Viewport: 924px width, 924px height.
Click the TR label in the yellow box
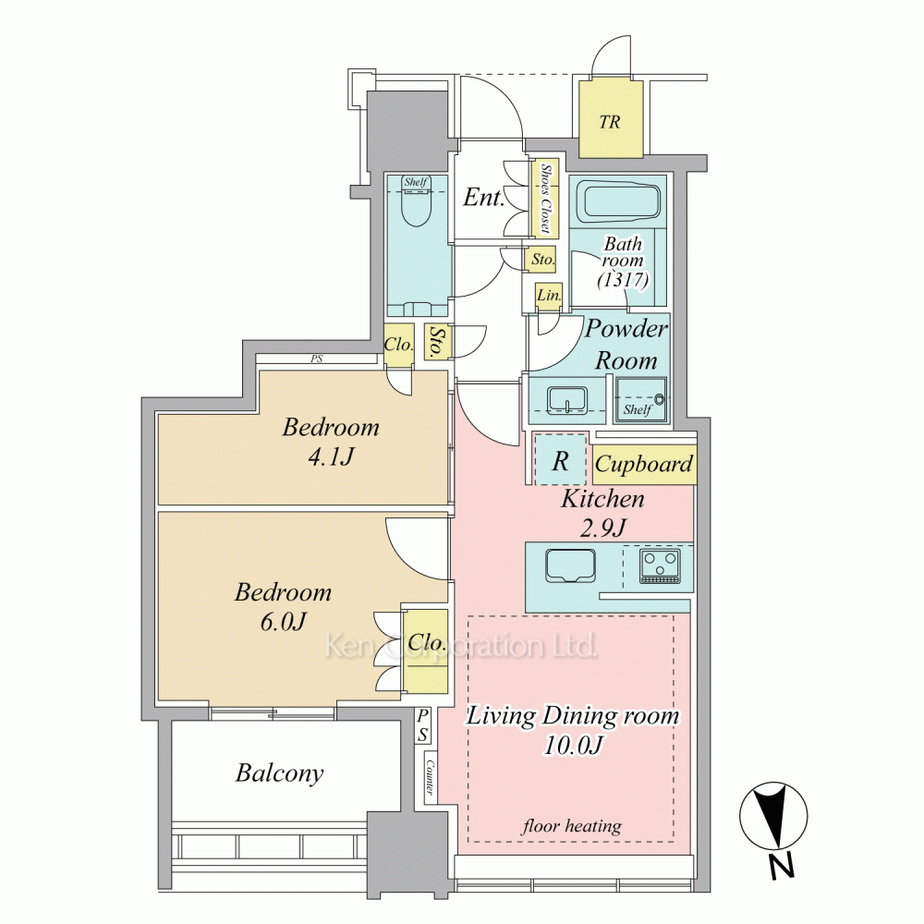click(610, 122)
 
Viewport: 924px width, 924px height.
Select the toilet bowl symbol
click(416, 207)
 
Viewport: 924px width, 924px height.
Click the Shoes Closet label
click(546, 198)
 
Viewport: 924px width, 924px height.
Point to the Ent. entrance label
click(484, 198)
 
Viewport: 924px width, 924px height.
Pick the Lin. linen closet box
click(549, 296)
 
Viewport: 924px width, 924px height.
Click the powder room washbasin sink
click(567, 400)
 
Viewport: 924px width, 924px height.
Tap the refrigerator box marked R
click(561, 459)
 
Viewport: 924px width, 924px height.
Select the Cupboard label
click(643, 465)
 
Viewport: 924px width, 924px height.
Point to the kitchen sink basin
click(570, 565)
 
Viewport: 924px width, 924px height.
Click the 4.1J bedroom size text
click(331, 456)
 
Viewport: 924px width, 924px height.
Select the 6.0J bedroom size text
click(284, 622)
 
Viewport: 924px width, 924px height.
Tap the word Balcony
click(280, 773)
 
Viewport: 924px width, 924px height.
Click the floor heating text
click(572, 826)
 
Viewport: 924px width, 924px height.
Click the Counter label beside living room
click(431, 777)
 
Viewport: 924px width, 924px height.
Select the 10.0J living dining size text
click(573, 746)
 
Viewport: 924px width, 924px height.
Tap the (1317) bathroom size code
click(624, 279)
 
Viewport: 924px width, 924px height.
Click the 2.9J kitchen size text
click(602, 529)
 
